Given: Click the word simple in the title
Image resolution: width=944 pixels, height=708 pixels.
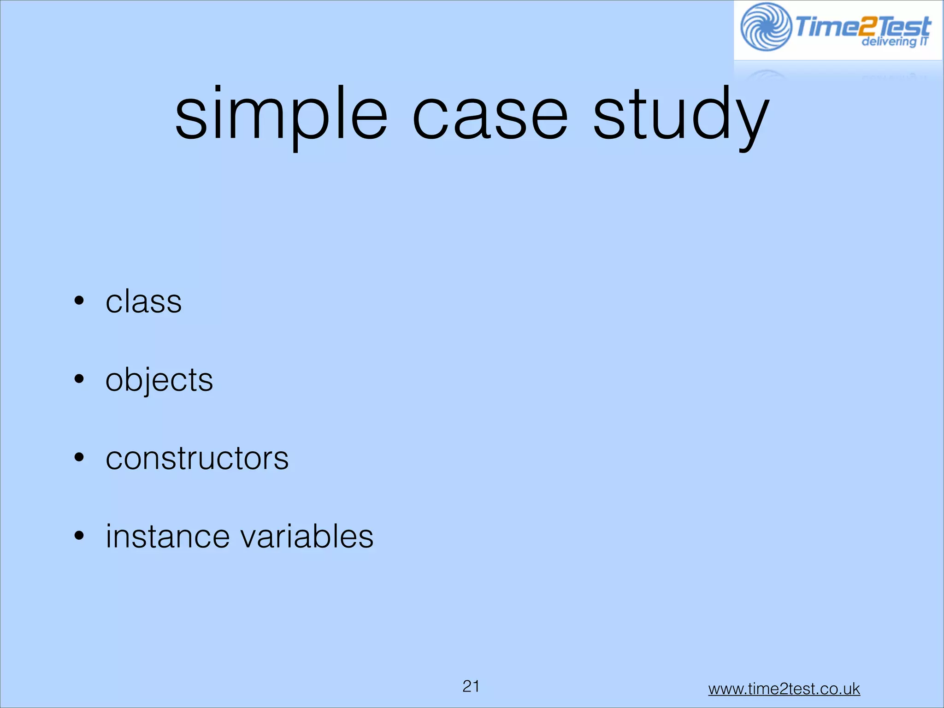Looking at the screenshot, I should pyautogui.click(x=281, y=115).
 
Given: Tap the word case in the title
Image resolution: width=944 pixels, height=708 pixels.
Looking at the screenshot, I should pyautogui.click(x=490, y=115).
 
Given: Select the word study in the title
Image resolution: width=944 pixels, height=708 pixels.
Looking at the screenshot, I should pyautogui.click(x=680, y=115).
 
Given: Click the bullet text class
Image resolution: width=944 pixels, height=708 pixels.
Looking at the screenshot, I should pyautogui.click(x=144, y=302).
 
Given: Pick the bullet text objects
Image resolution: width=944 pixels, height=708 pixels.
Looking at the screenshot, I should pyautogui.click(x=159, y=380).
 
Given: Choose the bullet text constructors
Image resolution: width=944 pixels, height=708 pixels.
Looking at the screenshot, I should pyautogui.click(x=197, y=459).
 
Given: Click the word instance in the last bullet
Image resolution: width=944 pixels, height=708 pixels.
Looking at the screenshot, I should pyautogui.click(x=167, y=537).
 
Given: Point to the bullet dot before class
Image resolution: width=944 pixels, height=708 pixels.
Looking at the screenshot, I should pyautogui.click(x=79, y=301).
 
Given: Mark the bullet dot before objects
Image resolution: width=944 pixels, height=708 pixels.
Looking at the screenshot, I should pyautogui.click(x=79, y=379).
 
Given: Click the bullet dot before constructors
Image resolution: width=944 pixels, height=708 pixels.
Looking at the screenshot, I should pyautogui.click(x=79, y=458).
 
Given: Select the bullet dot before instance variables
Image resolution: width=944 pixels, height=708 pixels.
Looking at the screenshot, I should pyautogui.click(x=79, y=536).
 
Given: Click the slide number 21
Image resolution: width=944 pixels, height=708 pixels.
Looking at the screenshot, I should pyautogui.click(x=471, y=686).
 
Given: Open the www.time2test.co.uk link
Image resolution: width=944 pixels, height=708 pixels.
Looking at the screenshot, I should pyautogui.click(x=784, y=689).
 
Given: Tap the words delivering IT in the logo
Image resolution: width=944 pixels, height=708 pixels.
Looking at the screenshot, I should pyautogui.click(x=894, y=41).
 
